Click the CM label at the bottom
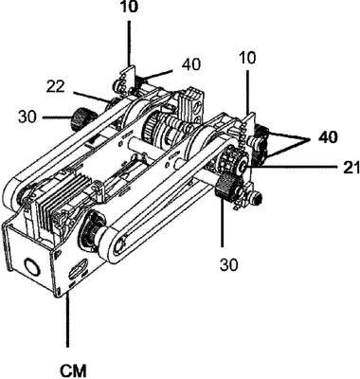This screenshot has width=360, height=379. [73, 370]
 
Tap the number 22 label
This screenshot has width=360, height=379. [56, 87]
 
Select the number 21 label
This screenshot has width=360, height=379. [351, 168]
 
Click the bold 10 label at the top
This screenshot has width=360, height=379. [129, 7]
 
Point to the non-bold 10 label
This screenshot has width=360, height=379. [248, 58]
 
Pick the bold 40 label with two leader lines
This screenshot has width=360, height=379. [328, 137]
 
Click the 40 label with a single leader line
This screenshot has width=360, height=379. [190, 64]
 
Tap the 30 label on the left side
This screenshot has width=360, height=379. [27, 117]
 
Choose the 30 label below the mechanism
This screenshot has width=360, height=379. [229, 264]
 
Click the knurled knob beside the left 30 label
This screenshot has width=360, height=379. [81, 118]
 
